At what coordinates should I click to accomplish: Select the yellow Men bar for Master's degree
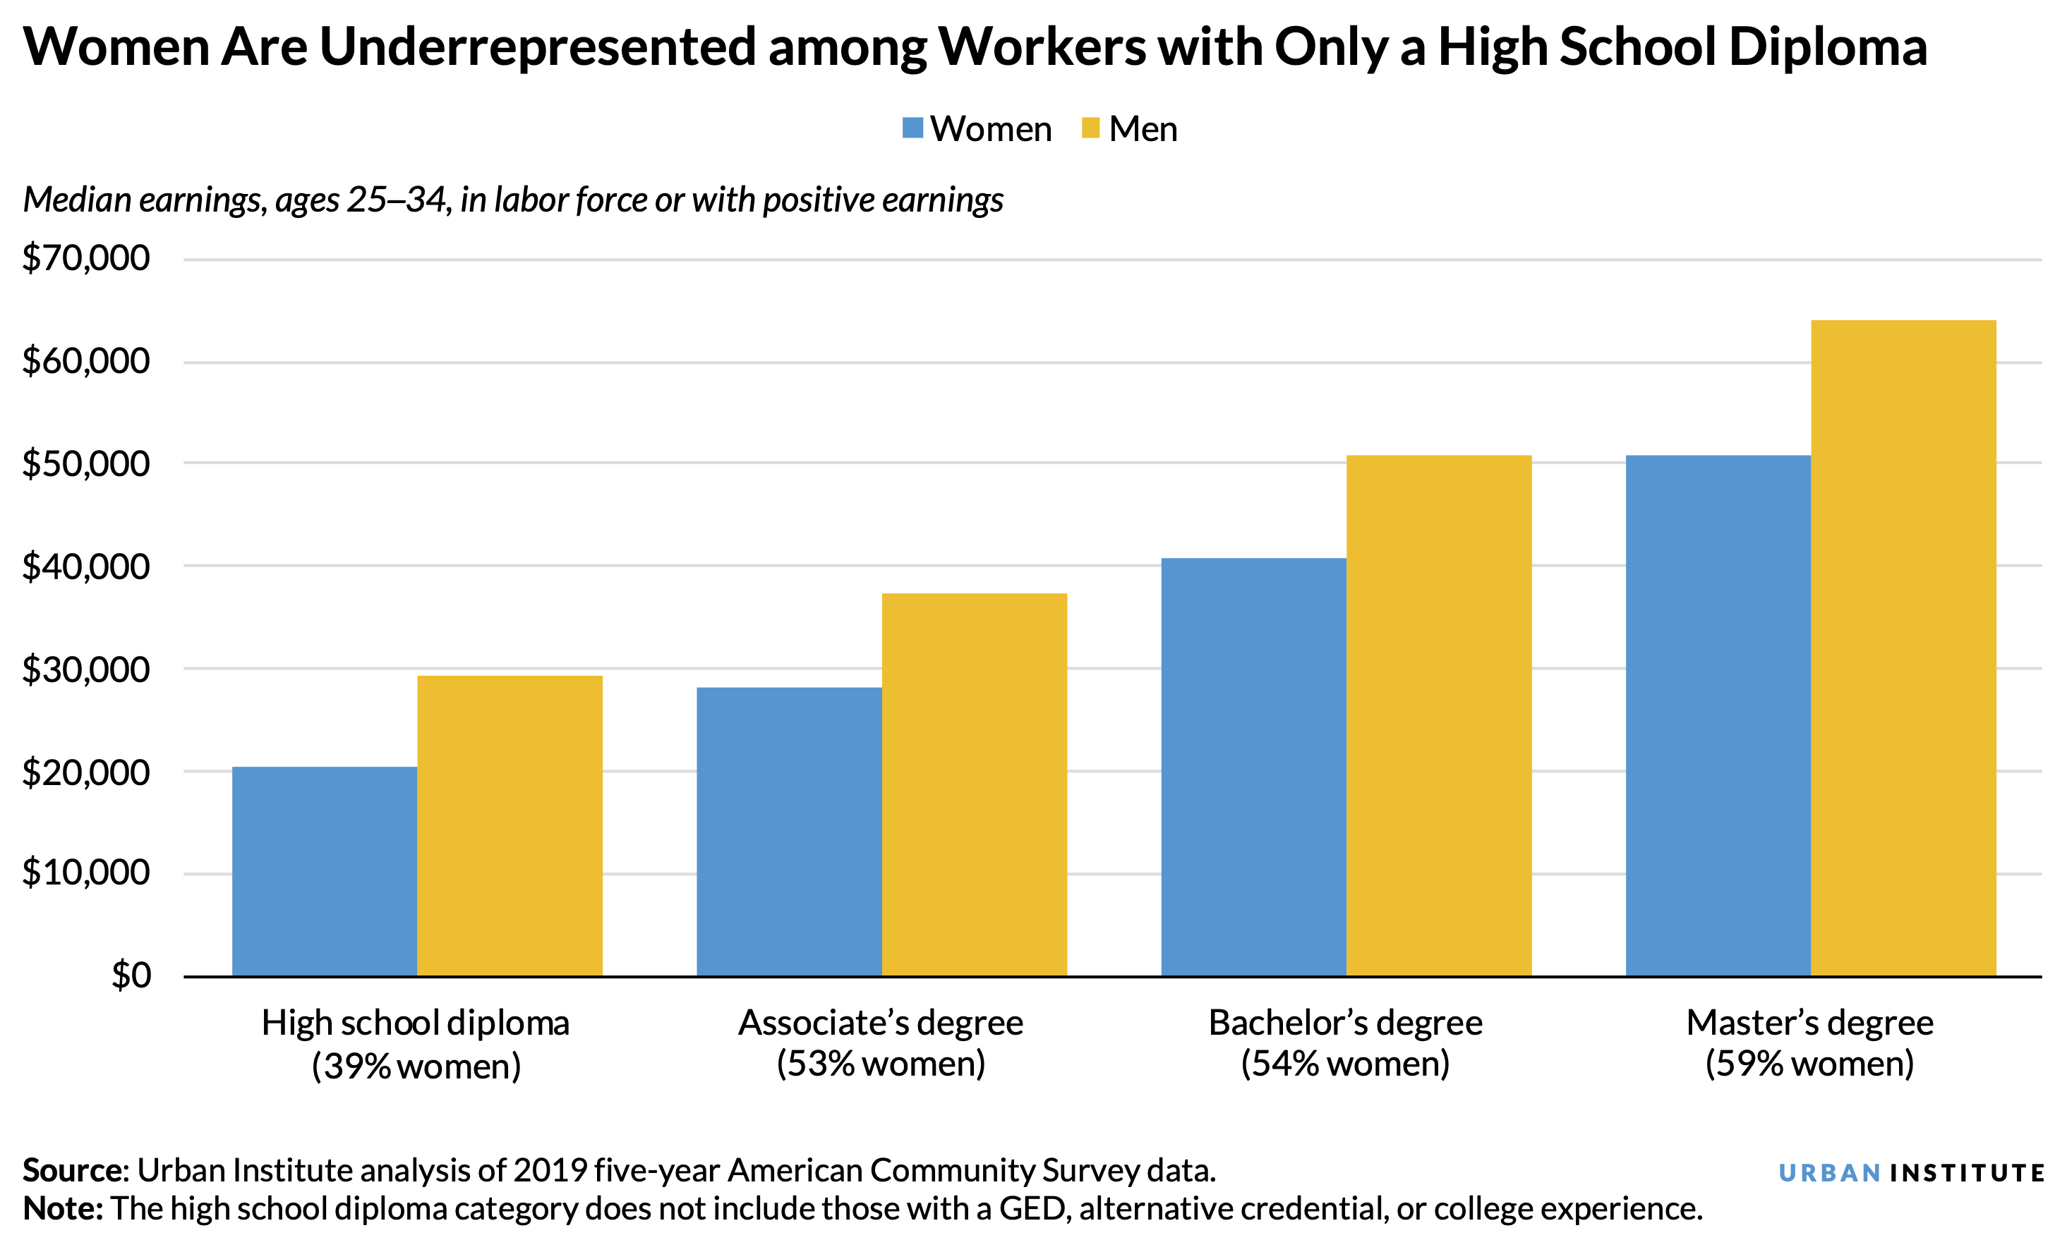(1903, 648)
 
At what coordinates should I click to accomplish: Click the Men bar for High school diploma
(509, 825)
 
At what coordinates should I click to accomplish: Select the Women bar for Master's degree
(1718, 715)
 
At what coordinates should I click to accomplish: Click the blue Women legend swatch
(912, 128)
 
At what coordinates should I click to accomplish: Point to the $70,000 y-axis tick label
(86, 258)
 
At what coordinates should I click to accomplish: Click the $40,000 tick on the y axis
(86, 566)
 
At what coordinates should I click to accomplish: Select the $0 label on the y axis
(131, 975)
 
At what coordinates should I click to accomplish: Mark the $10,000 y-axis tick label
(86, 873)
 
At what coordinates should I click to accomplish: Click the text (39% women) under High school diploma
(416, 1067)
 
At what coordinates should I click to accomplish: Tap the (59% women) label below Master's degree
(1809, 1064)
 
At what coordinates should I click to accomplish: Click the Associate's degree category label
(880, 1023)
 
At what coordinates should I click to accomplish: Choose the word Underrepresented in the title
(538, 47)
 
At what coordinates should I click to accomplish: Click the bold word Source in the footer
(73, 1171)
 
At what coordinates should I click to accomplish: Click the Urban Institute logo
(1910, 1173)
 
